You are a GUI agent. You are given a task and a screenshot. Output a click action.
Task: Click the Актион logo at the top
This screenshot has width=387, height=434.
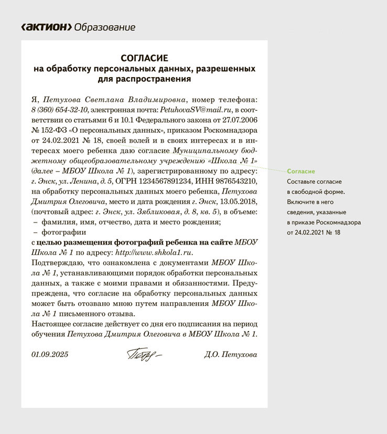pos(46,27)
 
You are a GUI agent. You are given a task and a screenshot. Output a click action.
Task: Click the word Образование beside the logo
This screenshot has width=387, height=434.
pos(105,27)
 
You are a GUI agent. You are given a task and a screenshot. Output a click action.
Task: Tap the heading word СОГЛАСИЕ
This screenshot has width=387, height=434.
pos(144,58)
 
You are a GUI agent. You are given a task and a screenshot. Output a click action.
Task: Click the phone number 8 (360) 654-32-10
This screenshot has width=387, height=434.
pos(60,109)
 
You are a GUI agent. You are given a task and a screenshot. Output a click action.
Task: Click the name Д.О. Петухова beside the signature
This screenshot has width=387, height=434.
pos(231,355)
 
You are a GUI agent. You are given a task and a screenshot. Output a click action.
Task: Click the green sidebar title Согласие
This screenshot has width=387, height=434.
pos(300,172)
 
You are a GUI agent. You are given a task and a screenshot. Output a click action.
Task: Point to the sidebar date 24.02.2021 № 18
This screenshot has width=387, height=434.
pos(314,232)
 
